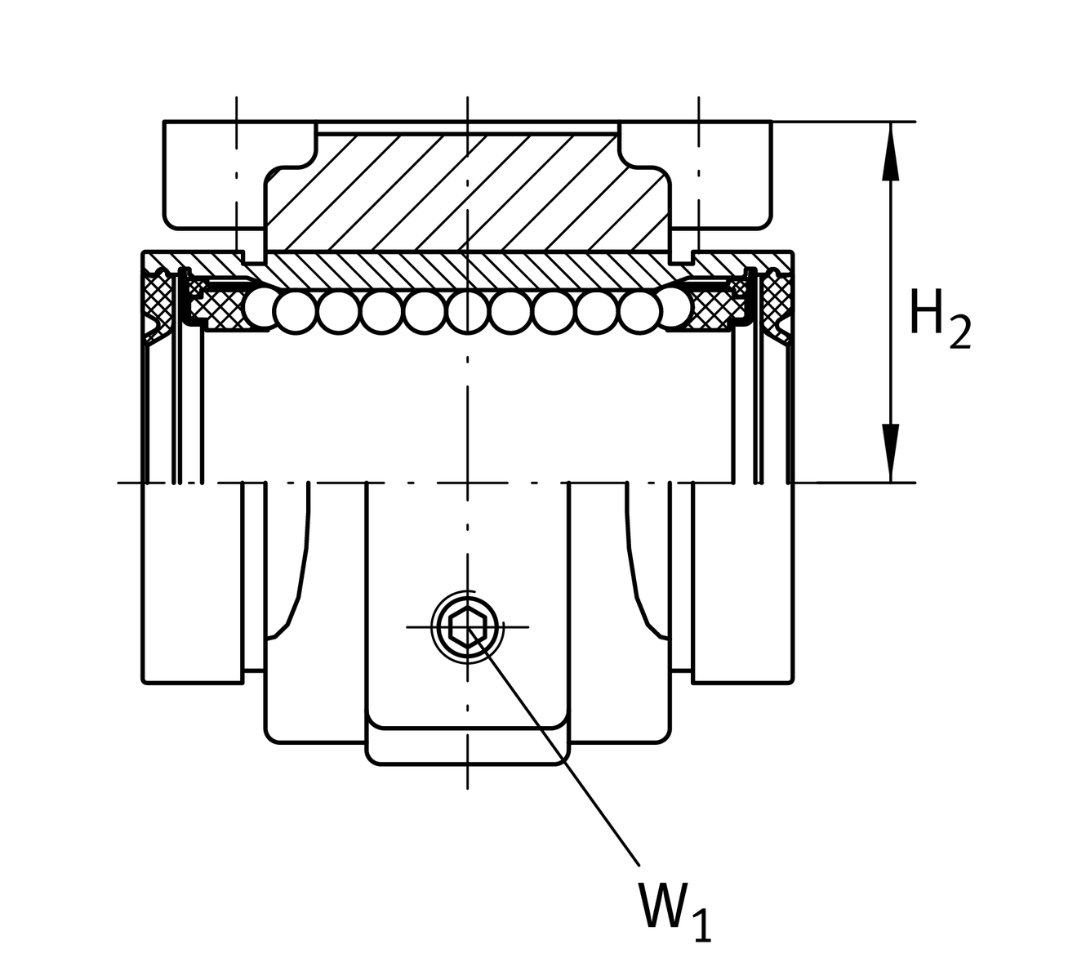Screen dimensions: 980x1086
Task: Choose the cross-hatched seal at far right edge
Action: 776,298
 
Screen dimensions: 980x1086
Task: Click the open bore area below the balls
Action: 467,408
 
